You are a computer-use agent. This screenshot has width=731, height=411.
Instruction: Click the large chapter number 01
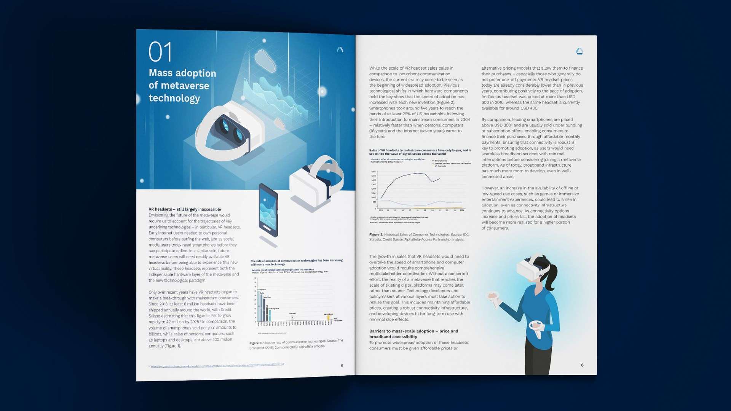160,52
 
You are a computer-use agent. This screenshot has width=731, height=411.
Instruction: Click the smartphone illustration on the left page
268,211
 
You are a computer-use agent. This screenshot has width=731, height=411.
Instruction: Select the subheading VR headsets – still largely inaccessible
185,209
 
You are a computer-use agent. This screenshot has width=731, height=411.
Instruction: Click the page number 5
342,366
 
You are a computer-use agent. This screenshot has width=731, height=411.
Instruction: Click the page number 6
582,365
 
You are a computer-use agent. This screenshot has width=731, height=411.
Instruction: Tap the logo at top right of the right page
579,51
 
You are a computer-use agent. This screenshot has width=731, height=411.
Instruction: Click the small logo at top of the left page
340,49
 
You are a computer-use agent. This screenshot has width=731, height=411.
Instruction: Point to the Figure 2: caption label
376,235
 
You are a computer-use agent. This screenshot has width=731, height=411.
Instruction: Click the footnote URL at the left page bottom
217,366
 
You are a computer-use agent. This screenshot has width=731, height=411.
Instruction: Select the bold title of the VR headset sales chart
420,152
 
